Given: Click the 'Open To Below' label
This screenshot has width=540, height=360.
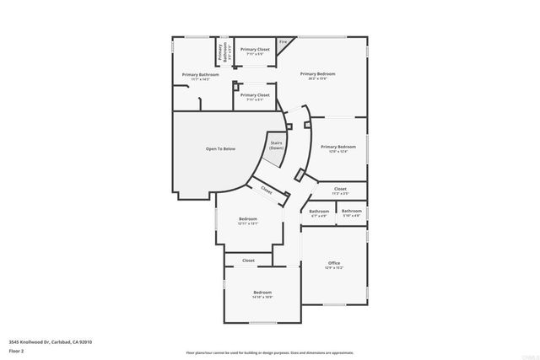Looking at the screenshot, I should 220,149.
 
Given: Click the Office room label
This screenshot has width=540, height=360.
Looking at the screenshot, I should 334,264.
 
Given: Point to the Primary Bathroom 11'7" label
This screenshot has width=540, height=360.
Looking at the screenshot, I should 201,76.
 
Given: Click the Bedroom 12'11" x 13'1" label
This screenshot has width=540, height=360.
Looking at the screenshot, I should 247,221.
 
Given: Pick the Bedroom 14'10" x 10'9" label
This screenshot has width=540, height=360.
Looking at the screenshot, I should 262,294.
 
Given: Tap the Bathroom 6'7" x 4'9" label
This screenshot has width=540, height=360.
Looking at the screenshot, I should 319,212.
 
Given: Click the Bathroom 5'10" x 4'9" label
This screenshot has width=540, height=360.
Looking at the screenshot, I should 352,212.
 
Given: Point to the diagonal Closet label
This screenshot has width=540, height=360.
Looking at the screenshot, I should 267,191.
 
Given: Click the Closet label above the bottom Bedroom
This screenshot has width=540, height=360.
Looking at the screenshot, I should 248,261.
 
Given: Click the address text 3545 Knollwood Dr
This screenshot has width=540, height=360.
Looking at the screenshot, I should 51,341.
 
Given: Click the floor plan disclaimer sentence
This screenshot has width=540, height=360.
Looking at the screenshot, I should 270,352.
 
